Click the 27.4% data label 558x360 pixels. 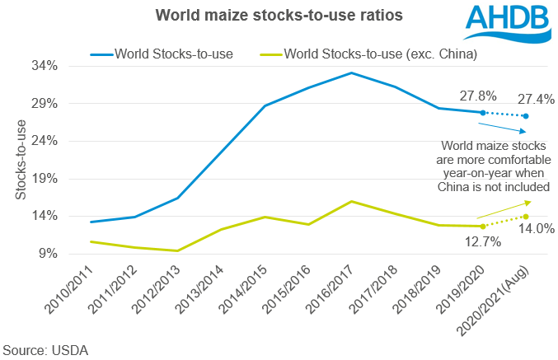click(x=535, y=98)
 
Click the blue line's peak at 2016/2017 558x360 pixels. click(x=352, y=72)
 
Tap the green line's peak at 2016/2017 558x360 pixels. click(x=352, y=201)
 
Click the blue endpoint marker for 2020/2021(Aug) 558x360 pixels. click(x=526, y=116)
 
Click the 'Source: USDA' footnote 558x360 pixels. click(x=45, y=349)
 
